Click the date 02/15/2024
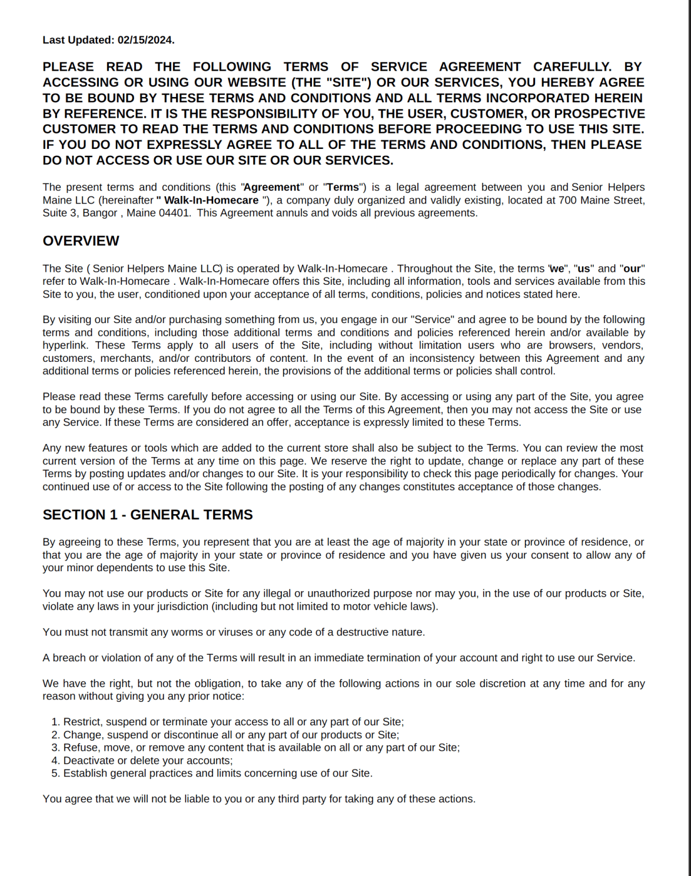145,40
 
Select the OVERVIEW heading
81,241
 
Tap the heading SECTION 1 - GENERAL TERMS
147,515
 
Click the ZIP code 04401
174,213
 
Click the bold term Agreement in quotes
272,187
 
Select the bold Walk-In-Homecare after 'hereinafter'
211,200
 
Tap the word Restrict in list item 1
82,722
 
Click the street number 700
567,200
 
